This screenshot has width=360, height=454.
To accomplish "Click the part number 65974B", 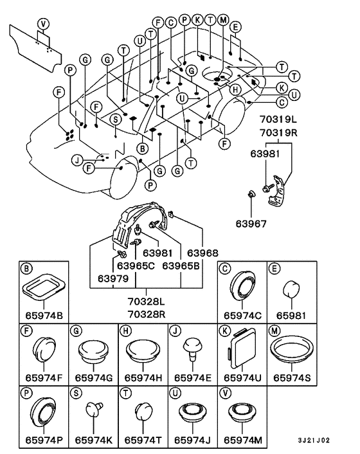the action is (44, 315).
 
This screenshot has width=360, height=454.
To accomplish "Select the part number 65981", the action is (291, 315).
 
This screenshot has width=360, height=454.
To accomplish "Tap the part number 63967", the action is (251, 224).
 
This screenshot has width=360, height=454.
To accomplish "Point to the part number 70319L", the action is (278, 120).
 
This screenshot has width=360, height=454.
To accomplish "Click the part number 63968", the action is (203, 253).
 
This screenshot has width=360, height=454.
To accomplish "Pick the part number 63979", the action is (113, 278).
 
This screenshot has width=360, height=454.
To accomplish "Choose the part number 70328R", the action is (147, 314).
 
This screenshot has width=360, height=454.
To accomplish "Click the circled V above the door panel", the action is (44, 23).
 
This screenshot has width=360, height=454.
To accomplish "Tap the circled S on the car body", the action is (116, 119).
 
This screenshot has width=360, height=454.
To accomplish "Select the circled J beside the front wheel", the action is (77, 160).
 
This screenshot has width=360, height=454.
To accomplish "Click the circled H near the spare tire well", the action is (235, 89).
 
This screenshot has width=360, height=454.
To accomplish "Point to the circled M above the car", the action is (223, 20).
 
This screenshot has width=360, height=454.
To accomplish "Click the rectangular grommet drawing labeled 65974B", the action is (44, 287).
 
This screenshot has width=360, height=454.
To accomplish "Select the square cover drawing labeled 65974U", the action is (242, 348).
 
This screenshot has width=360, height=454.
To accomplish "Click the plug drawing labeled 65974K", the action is (94, 408).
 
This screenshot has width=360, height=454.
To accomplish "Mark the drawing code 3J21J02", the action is (314, 440).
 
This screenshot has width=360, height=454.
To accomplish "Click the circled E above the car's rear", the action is (235, 27).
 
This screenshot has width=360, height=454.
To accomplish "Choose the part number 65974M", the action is (243, 440).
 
